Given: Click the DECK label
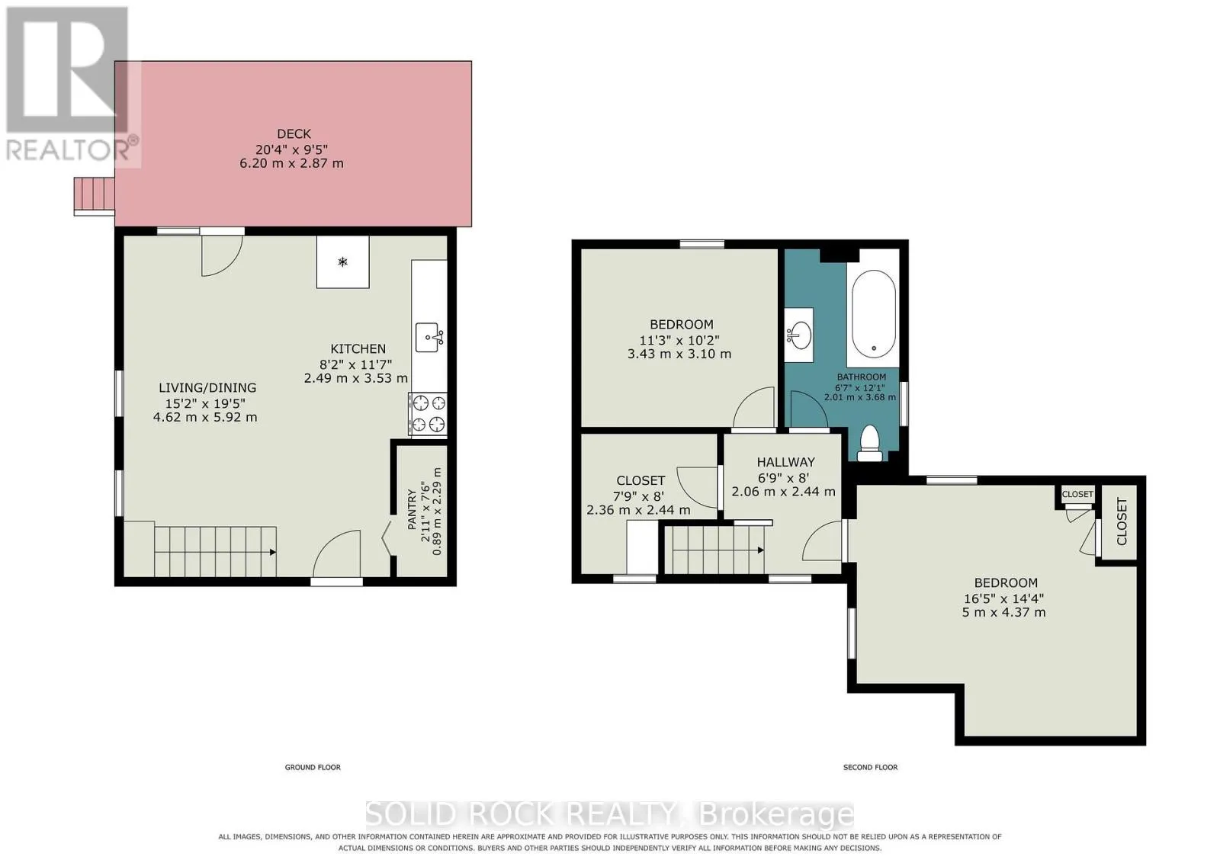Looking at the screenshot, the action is coord(294,134).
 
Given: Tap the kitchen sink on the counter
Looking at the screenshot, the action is coord(430,338).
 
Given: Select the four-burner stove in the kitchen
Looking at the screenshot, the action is coord(428,415).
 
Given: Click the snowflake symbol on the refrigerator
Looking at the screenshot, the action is coord(342,262).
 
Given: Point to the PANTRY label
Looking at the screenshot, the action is coord(412,509).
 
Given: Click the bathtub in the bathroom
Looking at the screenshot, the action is coord(874,314).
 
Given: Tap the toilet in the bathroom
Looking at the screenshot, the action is coord(869,443).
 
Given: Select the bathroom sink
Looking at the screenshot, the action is coord(799,335).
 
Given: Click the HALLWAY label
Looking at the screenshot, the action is coord(786,462).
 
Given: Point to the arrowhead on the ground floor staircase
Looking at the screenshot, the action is coord(272,552).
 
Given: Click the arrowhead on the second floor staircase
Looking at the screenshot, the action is coord(760,550).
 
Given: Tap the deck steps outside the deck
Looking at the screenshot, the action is coord(95,196).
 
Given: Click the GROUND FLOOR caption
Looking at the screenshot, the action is coord(313,767).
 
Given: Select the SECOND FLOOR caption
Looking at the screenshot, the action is coord(870,767).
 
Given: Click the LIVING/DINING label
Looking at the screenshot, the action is coord(207,388).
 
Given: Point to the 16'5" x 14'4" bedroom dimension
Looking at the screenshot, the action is coord(1003,598).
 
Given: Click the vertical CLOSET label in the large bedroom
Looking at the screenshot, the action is coord(1122,521).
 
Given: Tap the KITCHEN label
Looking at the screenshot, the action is coord(358,349).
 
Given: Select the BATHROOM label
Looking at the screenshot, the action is coord(862,377).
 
